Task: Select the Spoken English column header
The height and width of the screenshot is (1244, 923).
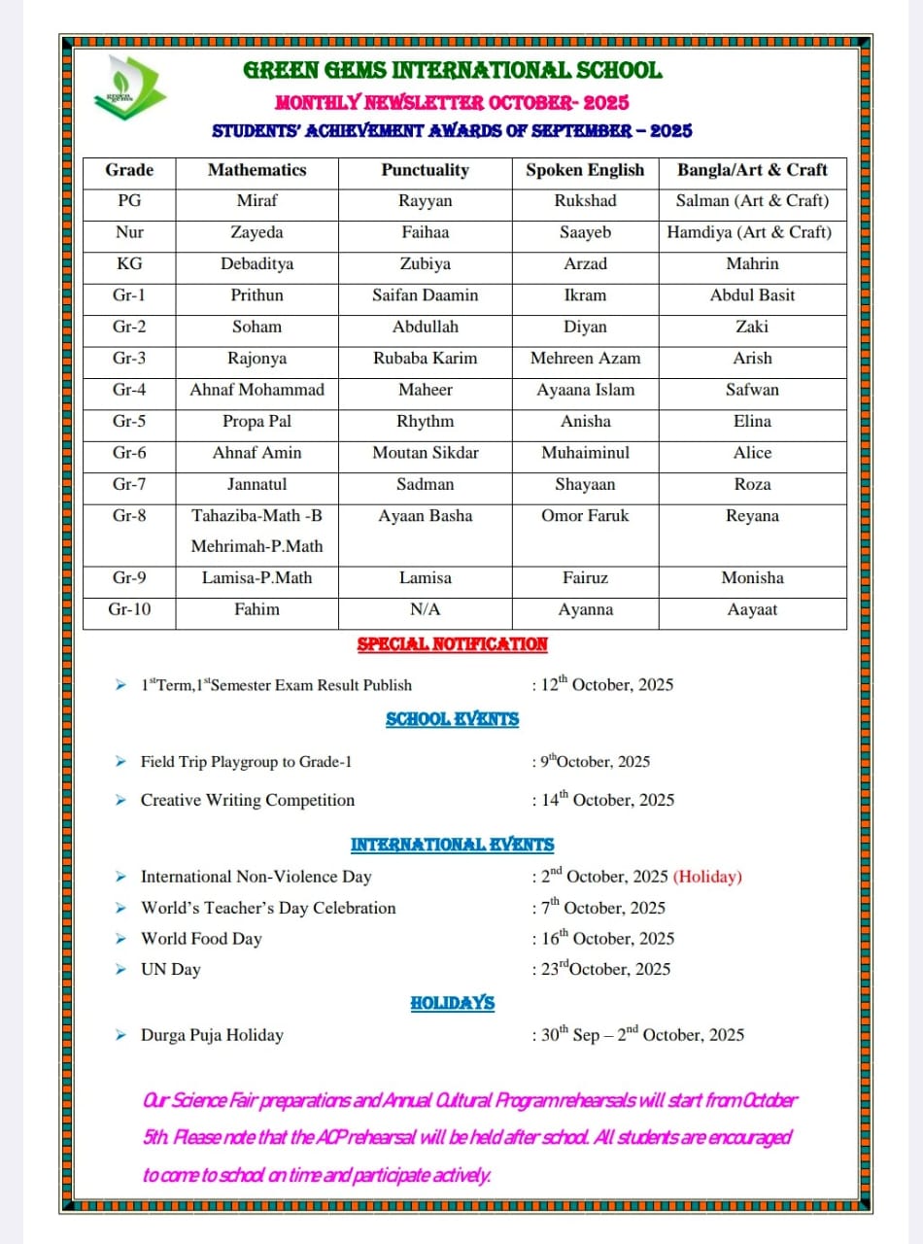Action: [585, 170]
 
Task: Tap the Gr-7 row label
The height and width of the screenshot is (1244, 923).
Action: [129, 484]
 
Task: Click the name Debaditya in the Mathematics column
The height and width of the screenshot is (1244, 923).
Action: [256, 263]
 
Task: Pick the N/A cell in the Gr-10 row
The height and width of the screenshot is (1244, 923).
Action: [425, 609]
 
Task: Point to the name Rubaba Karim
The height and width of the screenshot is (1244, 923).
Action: [425, 358]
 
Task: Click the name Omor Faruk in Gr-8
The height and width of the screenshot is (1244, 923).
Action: [585, 515]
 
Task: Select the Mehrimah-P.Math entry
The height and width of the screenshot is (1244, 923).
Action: [256, 546]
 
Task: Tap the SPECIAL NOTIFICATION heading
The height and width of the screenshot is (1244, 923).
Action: [452, 644]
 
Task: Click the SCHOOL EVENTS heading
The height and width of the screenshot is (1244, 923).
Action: [452, 720]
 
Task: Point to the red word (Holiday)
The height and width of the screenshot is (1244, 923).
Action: [707, 877]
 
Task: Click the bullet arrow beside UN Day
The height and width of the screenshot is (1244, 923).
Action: [120, 969]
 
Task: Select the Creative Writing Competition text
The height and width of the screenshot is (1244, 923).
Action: [248, 801]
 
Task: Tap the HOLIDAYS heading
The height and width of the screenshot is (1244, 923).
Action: [452, 1003]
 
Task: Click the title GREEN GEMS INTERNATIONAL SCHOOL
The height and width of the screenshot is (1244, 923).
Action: [452, 70]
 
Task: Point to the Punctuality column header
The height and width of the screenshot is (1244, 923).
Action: [425, 170]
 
